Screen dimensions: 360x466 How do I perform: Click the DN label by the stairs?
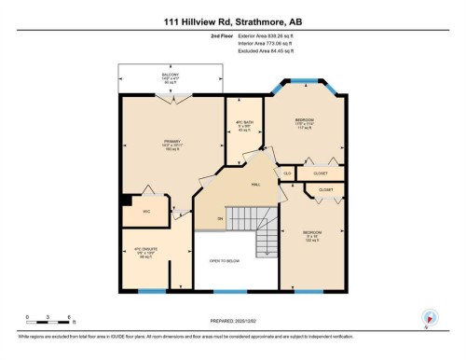220,218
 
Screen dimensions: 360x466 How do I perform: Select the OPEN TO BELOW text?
226,261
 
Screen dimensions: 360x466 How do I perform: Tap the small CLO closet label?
288,173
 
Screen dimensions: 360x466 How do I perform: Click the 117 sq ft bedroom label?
305,124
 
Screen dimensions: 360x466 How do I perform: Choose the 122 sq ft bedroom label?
313,237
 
